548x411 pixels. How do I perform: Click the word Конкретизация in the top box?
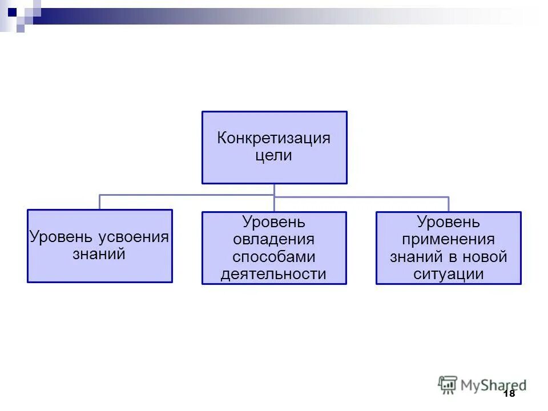click(274, 139)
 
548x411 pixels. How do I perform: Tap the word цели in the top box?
click(274, 156)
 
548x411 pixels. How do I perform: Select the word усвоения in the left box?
click(134, 237)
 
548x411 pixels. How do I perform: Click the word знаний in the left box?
click(99, 254)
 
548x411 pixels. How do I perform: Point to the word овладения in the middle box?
click(274, 239)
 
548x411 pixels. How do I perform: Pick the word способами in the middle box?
click(274, 256)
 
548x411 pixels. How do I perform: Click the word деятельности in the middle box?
click(274, 274)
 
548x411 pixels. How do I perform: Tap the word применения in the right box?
click(448, 239)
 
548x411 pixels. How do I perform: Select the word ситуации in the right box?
click(448, 274)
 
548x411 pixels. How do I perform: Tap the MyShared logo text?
click(494, 385)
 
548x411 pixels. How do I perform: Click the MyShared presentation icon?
click(448, 384)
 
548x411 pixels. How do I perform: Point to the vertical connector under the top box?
click(274, 190)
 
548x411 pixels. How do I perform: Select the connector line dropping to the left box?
click(100, 203)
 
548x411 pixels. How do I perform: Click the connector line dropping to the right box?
click(449, 204)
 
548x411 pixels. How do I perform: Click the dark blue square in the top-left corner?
click(13, 10)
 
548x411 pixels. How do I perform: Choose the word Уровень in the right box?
click(448, 221)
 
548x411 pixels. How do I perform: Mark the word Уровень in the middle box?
click(274, 221)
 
